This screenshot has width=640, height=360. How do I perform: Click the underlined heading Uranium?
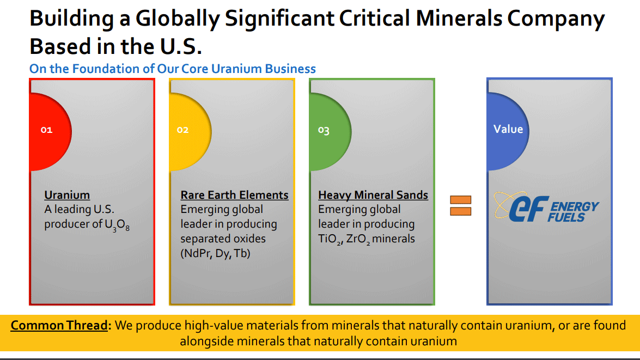click(67, 195)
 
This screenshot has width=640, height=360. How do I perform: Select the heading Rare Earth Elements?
click(234, 195)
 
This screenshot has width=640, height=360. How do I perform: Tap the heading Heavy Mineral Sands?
click(373, 195)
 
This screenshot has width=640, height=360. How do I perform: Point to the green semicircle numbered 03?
click(327, 131)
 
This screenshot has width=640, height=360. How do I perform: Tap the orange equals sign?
click(460, 205)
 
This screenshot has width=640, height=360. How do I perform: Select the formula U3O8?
click(118, 225)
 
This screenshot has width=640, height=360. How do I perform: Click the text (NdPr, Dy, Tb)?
click(215, 253)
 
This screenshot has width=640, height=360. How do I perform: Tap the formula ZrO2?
click(358, 239)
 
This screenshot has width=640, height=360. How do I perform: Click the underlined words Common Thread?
click(59, 326)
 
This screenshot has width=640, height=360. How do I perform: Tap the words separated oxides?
click(223, 239)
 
